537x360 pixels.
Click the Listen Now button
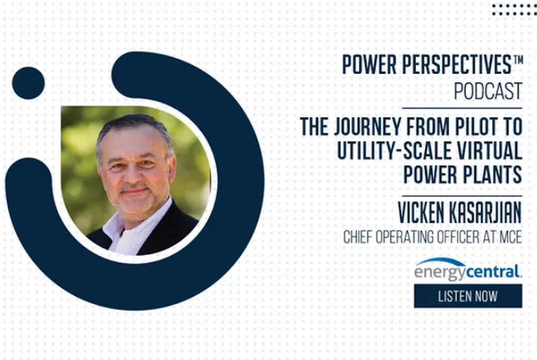[468, 296]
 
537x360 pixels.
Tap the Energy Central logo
[468, 269]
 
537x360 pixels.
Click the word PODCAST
[488, 91]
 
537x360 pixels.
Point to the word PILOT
[474, 126]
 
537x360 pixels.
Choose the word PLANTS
[492, 174]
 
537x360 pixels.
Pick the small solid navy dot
[28, 83]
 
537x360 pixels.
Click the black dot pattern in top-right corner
[514, 10]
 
